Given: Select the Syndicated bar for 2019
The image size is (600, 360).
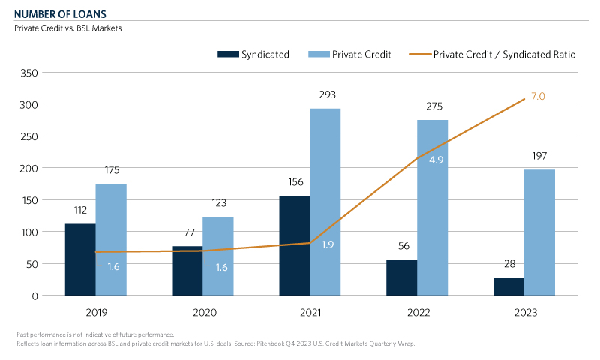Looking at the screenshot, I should pyautogui.click(x=80, y=259).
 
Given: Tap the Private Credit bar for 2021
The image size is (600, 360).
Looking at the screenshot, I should pyautogui.click(x=325, y=202).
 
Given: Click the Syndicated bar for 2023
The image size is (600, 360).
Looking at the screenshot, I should pyautogui.click(x=508, y=286).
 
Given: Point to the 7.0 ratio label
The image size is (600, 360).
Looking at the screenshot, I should pyautogui.click(x=538, y=97).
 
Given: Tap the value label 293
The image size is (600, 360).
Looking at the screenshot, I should pyautogui.click(x=326, y=95).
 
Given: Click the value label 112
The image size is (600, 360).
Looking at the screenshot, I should pyautogui.click(x=80, y=211).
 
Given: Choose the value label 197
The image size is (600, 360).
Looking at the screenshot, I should pyautogui.click(x=540, y=156).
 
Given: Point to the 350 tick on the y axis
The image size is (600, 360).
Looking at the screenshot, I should pyautogui.click(x=29, y=73).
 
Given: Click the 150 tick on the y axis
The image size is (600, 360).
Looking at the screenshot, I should pyautogui.click(x=29, y=200).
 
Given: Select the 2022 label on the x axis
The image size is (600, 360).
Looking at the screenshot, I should pyautogui.click(x=418, y=311).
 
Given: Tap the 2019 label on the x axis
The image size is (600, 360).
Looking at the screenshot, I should pyautogui.click(x=96, y=311).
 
